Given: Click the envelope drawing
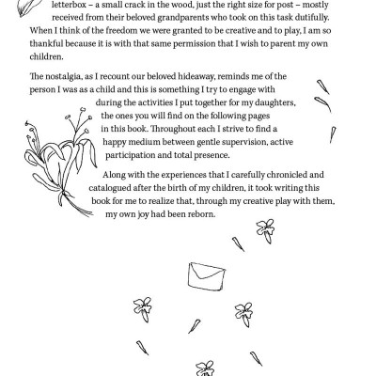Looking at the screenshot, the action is click(x=204, y=275).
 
